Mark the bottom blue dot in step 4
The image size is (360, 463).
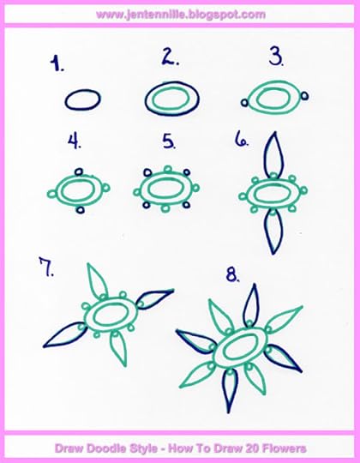80,209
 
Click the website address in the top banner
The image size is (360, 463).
180,15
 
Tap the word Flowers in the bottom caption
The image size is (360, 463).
281,448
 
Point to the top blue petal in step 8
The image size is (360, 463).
252,304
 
